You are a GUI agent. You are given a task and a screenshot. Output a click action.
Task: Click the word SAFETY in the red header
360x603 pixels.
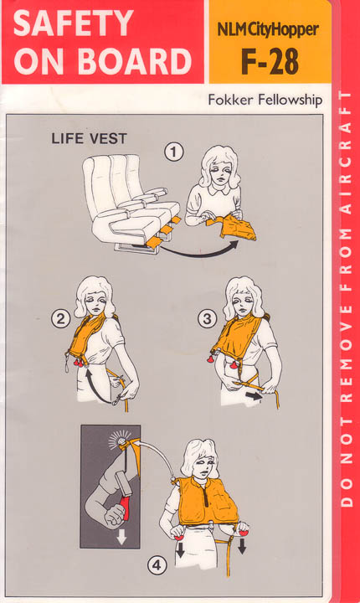pos(74,23)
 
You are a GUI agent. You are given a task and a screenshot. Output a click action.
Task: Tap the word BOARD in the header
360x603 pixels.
pos(136,61)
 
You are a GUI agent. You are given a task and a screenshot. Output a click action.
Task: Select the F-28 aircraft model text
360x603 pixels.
pos(270,61)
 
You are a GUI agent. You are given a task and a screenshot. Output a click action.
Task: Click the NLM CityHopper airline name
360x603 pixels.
pos(268,29)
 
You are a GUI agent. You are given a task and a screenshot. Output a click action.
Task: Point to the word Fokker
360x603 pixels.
pos(231,100)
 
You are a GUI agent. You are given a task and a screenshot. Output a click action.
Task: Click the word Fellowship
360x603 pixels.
pos(291,100)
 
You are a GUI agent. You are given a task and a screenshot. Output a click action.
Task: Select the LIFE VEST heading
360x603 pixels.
pos(89,139)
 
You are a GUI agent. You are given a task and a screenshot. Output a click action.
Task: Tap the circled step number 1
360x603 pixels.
pos(174,152)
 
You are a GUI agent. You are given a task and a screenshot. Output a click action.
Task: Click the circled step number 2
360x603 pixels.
pos(61,319)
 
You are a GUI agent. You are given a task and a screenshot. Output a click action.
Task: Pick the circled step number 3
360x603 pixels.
pos(208,319)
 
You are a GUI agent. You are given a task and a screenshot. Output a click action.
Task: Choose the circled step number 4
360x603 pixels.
pos(157,565)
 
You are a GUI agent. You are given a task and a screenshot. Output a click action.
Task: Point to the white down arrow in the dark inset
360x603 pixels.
pos(121,537)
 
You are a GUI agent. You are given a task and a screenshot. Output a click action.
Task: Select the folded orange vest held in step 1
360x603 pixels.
pos(231,227)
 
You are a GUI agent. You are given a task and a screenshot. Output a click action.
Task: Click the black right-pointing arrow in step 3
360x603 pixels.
pos(254,395)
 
